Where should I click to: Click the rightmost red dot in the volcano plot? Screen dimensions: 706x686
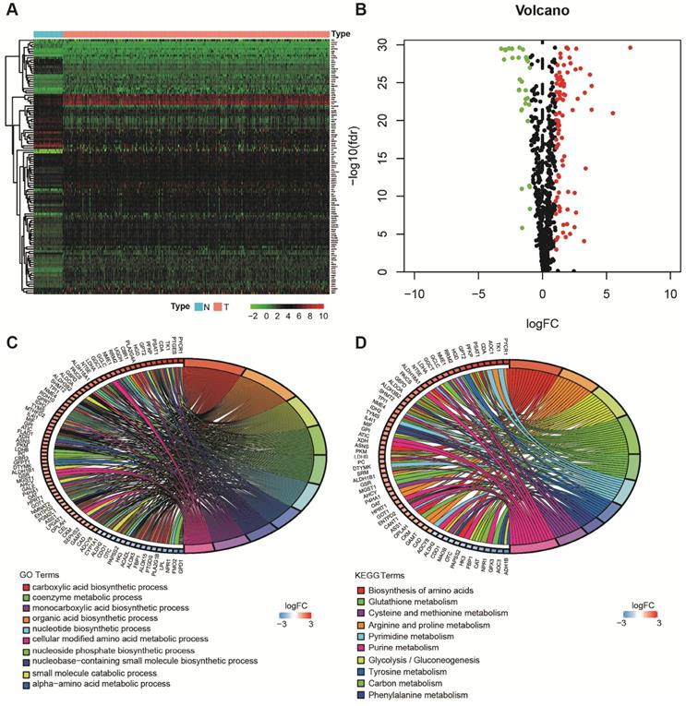click(631, 47)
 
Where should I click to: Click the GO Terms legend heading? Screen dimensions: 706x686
click(42, 573)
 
